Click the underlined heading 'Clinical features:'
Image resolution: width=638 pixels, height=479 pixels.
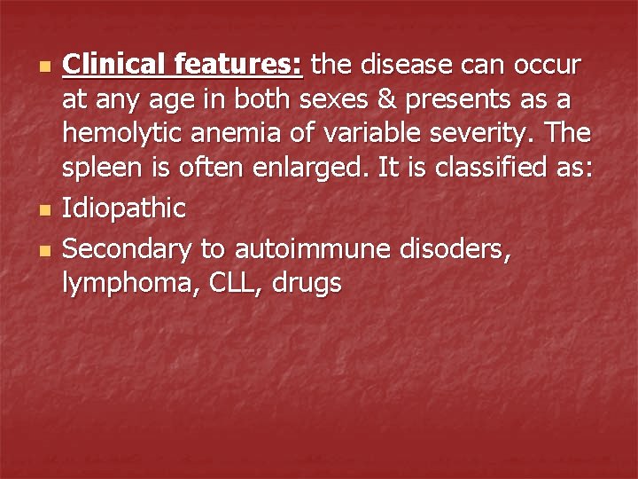click(183, 65)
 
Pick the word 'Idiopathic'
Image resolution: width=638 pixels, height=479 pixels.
click(124, 209)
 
